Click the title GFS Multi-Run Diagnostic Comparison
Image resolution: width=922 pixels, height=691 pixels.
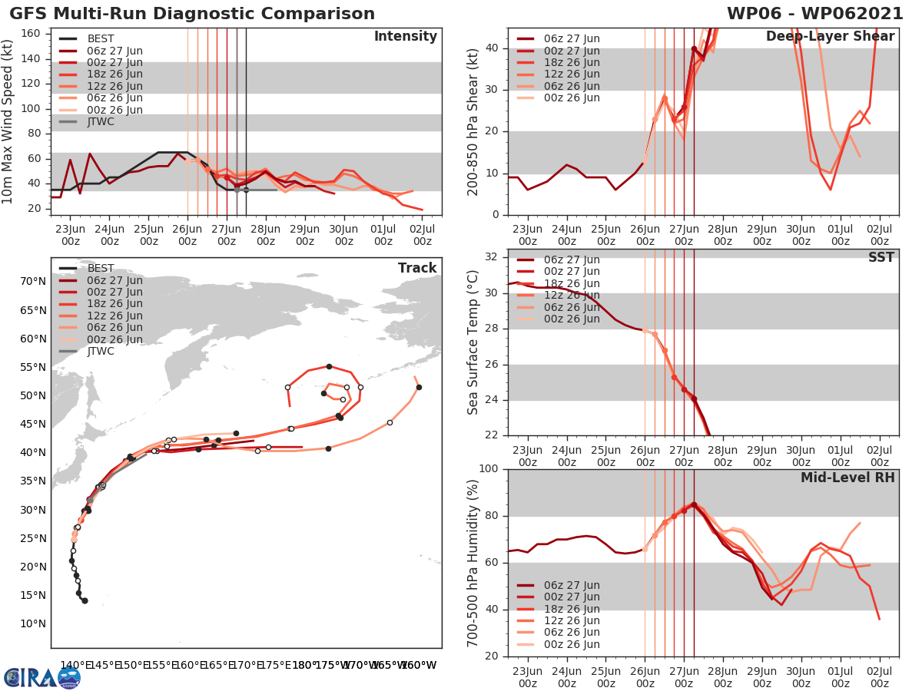click(x=192, y=14)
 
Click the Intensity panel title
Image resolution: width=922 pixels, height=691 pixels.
click(x=405, y=37)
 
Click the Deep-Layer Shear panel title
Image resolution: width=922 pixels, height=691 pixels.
click(x=830, y=37)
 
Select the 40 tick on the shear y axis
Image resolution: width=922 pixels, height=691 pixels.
click(x=493, y=48)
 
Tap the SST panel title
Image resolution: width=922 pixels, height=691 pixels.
click(x=881, y=257)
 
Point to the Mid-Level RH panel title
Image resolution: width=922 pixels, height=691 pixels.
click(x=847, y=478)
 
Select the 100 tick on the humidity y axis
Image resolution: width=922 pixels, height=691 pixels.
click(x=489, y=469)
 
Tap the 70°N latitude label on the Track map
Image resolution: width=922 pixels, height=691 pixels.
click(x=34, y=282)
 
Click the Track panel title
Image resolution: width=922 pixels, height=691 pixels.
click(x=417, y=268)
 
